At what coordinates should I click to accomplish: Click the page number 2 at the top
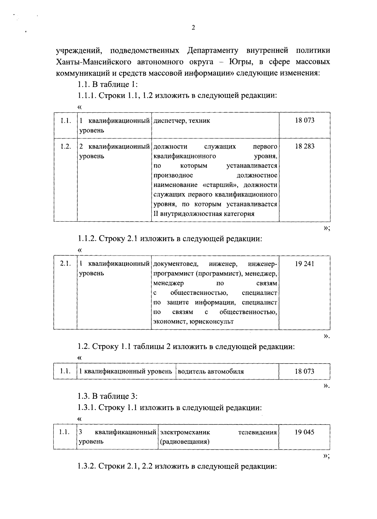click(x=193, y=28)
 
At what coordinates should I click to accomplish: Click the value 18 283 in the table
click(x=304, y=146)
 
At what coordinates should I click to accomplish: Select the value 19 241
click(x=304, y=264)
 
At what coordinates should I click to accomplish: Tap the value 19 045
click(x=304, y=432)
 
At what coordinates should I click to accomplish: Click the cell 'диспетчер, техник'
click(x=182, y=121)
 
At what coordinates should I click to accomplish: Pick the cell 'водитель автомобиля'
click(x=210, y=371)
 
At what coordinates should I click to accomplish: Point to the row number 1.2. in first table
click(x=66, y=146)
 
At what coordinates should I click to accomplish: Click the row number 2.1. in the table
click(x=65, y=264)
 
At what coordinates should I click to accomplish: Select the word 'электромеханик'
click(x=185, y=432)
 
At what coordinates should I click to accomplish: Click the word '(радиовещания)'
click(x=184, y=442)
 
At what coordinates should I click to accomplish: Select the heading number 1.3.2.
click(x=87, y=467)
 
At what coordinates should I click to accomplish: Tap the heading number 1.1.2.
click(x=87, y=239)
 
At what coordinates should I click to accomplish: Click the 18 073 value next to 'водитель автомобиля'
click(x=304, y=371)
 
